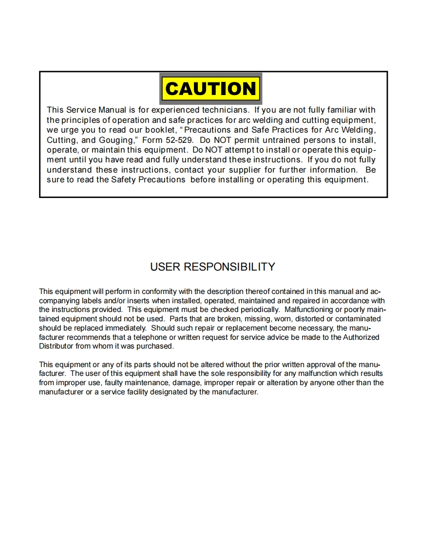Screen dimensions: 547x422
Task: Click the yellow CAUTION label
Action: point(211,89)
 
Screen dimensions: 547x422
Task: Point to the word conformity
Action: point(152,292)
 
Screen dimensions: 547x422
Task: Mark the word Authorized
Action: point(361,337)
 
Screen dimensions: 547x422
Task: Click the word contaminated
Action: point(358,319)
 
